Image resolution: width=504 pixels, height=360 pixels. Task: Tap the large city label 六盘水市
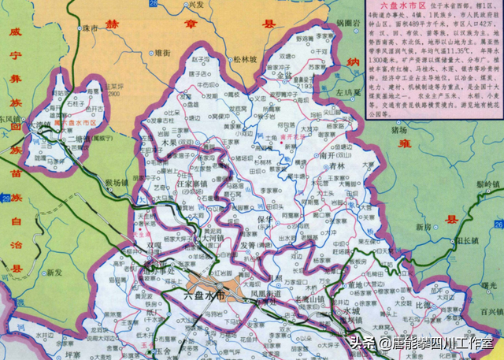[x=204, y=295]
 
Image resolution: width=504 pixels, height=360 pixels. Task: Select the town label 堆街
[x=161, y=52]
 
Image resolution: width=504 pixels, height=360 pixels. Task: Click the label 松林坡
[x=245, y=58]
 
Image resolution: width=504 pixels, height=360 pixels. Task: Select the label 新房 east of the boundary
[x=424, y=225]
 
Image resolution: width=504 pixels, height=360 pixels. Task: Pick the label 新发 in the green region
[x=53, y=273]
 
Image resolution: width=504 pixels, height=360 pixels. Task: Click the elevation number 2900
[x=116, y=92]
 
